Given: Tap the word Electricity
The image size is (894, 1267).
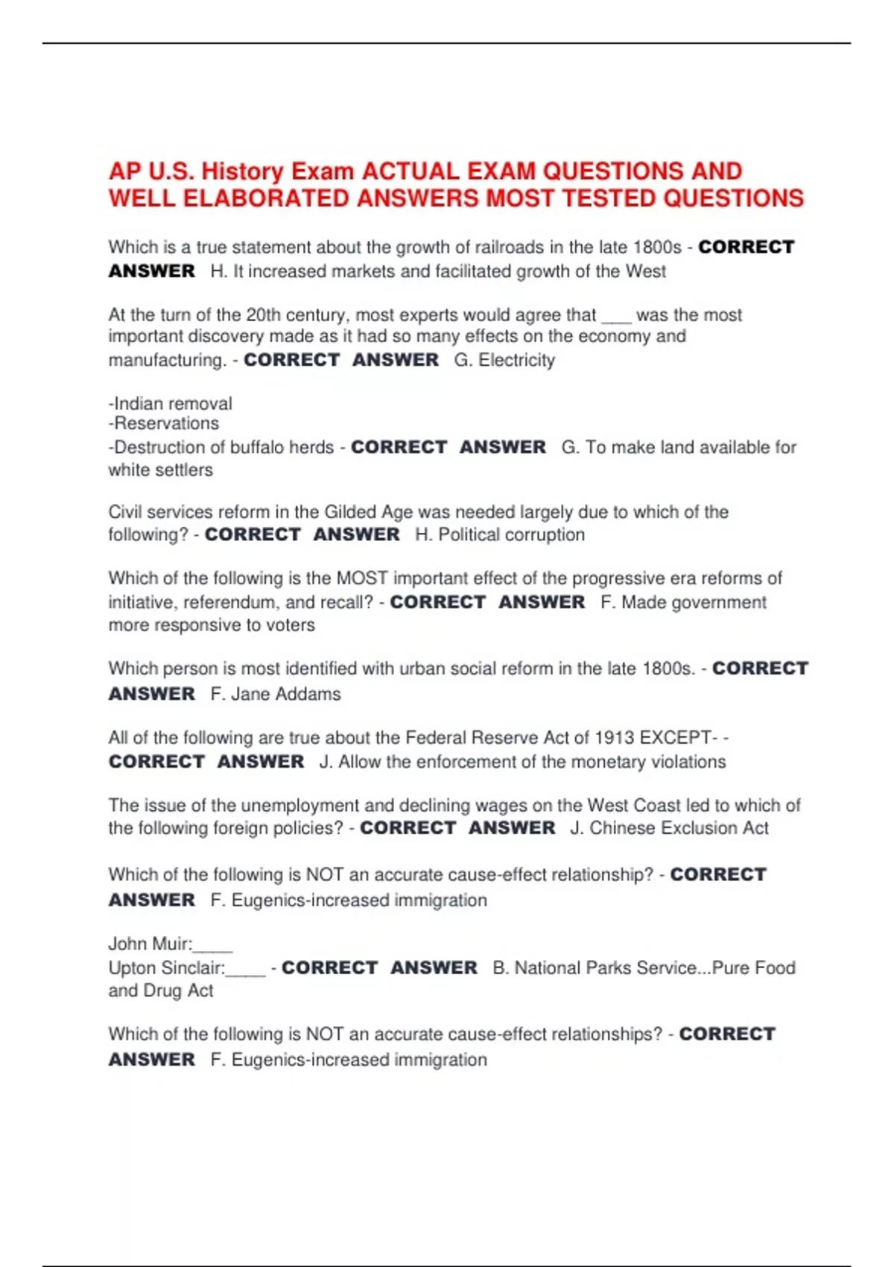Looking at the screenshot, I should [516, 361].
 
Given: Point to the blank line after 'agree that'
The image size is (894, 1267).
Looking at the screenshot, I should [616, 316].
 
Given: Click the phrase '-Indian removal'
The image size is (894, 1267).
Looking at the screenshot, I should [171, 404].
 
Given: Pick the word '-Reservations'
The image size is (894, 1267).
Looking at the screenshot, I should [164, 424].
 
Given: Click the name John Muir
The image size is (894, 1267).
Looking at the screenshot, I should [149, 944].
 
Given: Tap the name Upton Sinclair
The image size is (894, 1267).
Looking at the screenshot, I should [166, 969].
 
